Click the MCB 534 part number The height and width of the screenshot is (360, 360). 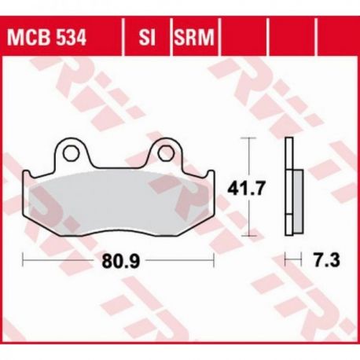[x=46, y=38]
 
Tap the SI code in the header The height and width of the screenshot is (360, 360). [x=147, y=38]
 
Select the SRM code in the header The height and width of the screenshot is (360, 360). [x=194, y=38]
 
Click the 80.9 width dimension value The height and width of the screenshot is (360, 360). [x=120, y=261]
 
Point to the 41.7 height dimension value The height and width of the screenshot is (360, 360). [x=246, y=188]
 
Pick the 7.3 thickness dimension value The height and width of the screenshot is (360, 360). [x=327, y=260]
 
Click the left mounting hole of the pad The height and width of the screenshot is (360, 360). [x=71, y=153]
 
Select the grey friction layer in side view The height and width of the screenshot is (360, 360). [x=298, y=201]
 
